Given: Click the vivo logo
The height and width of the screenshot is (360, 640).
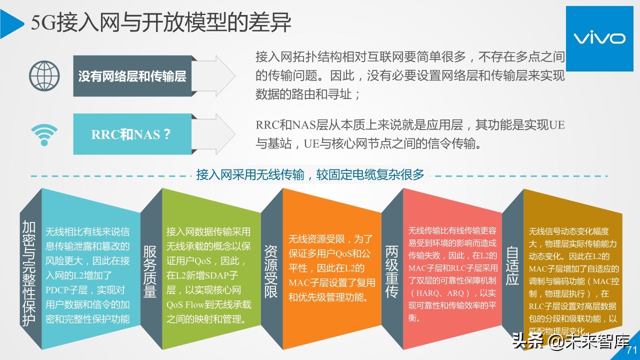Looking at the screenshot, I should point(598,38).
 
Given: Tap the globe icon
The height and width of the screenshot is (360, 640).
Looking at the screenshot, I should point(44,76).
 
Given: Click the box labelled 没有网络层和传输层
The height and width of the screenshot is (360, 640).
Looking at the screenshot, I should point(132,76).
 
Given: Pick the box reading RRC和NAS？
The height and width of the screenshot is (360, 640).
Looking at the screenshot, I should point(132,134).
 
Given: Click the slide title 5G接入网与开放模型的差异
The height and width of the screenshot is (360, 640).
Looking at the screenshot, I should point(161,23).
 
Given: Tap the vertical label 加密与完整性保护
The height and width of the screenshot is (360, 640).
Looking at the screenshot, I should point(29,274).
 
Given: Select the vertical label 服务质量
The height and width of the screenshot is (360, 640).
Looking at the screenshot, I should point(150,271).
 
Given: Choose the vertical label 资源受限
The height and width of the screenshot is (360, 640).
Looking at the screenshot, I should point(270,271).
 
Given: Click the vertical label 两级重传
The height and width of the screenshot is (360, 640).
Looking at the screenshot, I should point(391,271).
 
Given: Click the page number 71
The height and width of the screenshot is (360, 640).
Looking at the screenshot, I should point(631,350).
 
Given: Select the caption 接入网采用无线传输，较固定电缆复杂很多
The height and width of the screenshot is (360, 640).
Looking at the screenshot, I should point(310,175).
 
